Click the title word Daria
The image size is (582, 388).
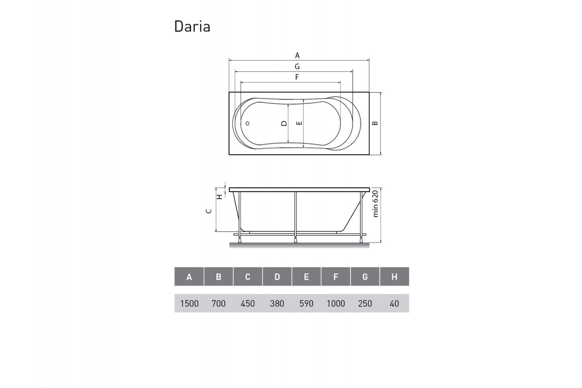pyautogui.click(x=192, y=27)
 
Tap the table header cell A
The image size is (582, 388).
pyautogui.click(x=189, y=277)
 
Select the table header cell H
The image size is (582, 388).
pyautogui.click(x=394, y=277)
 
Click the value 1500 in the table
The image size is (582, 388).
pyautogui.click(x=189, y=304)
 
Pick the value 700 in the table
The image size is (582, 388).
pyautogui.click(x=219, y=304)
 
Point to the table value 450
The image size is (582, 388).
pyautogui.click(x=248, y=304)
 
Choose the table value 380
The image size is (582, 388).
pyautogui.click(x=277, y=304)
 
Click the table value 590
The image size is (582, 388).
pyautogui.click(x=307, y=304)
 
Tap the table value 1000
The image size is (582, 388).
pyautogui.click(x=336, y=304)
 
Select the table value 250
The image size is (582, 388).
pyautogui.click(x=365, y=304)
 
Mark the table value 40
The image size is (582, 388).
pyautogui.click(x=394, y=304)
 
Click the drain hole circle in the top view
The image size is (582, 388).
pyautogui.click(x=247, y=123)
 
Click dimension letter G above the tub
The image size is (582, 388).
pyautogui.click(x=297, y=66)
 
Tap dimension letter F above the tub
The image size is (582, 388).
pyautogui.click(x=296, y=77)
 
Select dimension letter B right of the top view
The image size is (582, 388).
pyautogui.click(x=375, y=123)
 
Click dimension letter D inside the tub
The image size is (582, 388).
pyautogui.click(x=284, y=123)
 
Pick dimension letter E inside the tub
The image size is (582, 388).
pyautogui.click(x=300, y=123)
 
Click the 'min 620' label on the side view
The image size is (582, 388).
pyautogui.click(x=375, y=204)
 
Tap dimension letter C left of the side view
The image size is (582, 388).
pyautogui.click(x=209, y=210)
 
